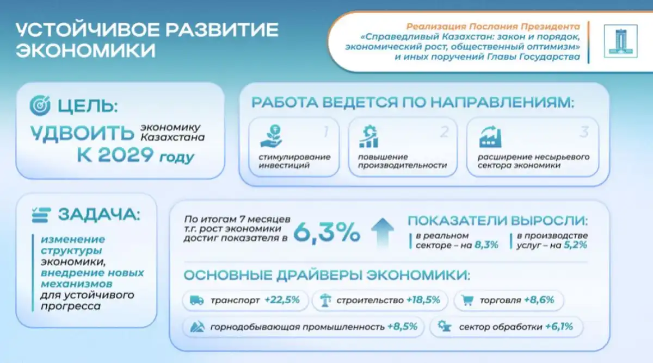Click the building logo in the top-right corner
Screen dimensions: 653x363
[621, 41]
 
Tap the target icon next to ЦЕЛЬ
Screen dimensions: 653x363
[40, 105]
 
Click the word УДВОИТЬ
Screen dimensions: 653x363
[83, 134]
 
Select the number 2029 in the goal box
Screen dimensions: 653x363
[126, 154]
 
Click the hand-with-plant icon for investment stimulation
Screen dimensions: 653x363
[272, 136]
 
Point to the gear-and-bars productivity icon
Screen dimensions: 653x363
[369, 136]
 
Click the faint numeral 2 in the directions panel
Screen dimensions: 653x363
[444, 133]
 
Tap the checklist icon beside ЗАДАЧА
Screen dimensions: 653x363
[41, 215]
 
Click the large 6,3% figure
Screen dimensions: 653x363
[327, 232]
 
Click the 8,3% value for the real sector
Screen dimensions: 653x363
[486, 245]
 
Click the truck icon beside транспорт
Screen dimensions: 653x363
[197, 300]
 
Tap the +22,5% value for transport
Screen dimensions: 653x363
[282, 300]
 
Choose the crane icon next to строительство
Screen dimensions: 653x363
[325, 300]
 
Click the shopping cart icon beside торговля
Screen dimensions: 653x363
[467, 300]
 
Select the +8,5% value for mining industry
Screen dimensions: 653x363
[402, 327]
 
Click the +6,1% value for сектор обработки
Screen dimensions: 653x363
[559, 327]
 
